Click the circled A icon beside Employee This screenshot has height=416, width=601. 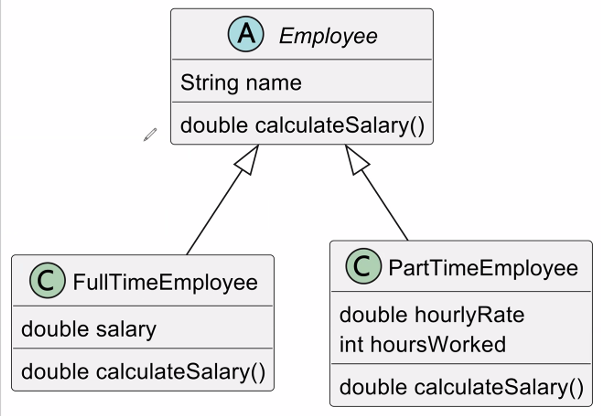pyautogui.click(x=246, y=34)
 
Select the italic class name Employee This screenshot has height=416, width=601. pyautogui.click(x=328, y=36)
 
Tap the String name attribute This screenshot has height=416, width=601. pyautogui.click(x=241, y=83)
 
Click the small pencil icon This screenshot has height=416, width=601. pyautogui.click(x=150, y=134)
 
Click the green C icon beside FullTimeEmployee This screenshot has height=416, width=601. pyautogui.click(x=47, y=280)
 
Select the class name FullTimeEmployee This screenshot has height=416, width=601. pyautogui.click(x=165, y=282)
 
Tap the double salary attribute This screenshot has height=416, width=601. pyautogui.click(x=89, y=329)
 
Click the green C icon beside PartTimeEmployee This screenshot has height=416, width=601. pyautogui.click(x=363, y=266)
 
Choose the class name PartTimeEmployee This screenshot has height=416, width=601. pyautogui.click(x=483, y=268)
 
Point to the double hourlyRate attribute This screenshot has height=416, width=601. pyautogui.click(x=432, y=315)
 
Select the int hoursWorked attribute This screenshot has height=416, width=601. pyautogui.click(x=423, y=344)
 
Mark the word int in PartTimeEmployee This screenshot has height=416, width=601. pyautogui.click(x=351, y=344)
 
